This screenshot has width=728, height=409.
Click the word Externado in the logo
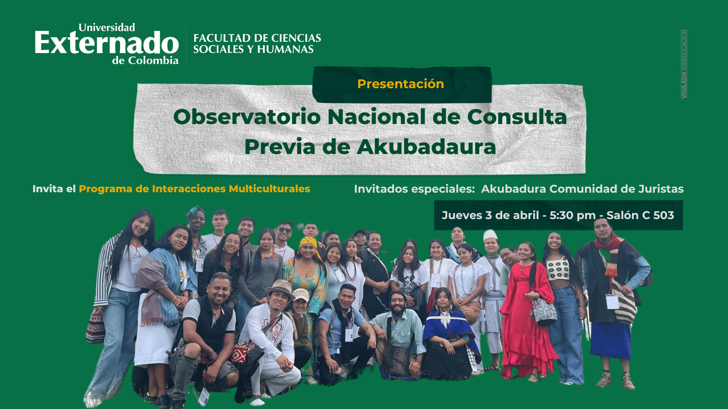click(106, 43)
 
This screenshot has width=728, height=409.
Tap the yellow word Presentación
click(400, 84)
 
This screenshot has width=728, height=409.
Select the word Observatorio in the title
click(247, 116)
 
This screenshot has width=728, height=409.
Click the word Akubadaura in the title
click(426, 147)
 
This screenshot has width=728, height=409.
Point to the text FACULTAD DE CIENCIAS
click(257, 38)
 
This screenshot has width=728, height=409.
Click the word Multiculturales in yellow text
click(269, 189)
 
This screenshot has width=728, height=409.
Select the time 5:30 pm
click(572, 215)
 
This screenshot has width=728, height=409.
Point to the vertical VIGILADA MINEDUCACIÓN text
click(684, 64)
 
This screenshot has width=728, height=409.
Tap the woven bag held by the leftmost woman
click(96, 327)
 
